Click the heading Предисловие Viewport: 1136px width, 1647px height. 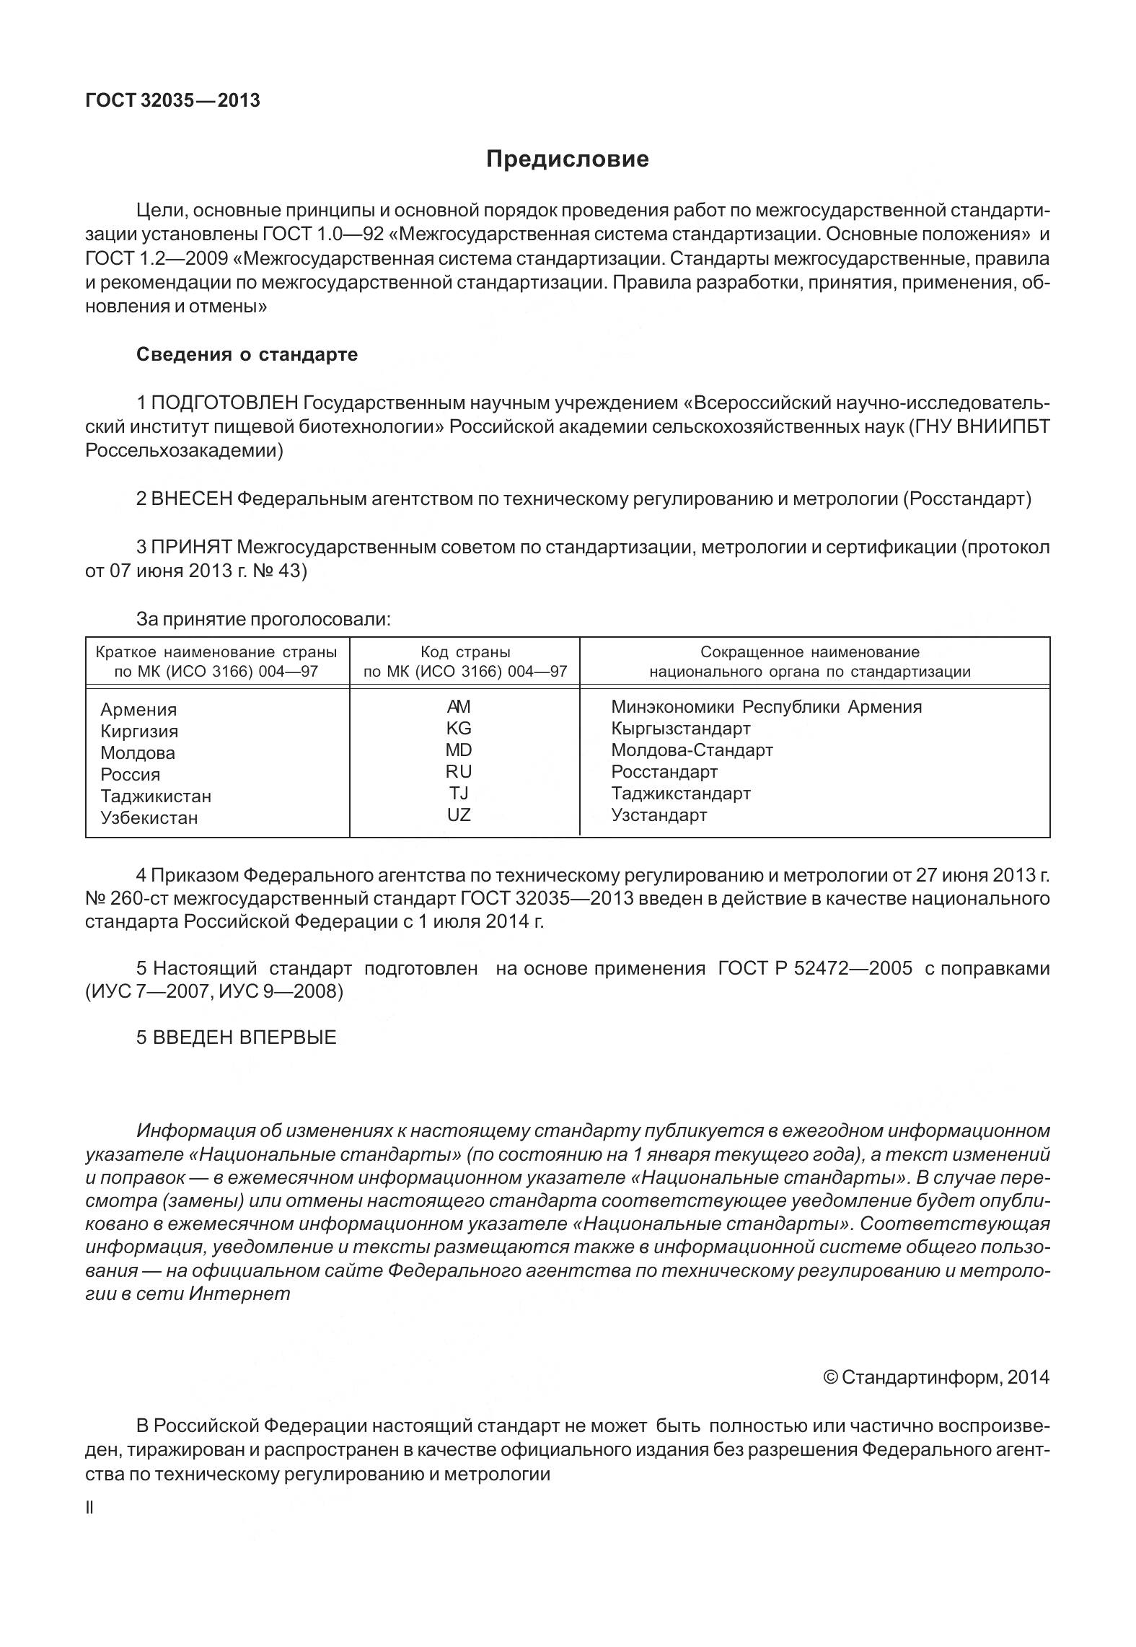click(x=567, y=159)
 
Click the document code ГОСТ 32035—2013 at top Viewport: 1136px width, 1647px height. click(x=172, y=100)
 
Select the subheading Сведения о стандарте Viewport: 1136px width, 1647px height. click(x=247, y=355)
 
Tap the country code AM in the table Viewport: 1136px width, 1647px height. click(x=459, y=706)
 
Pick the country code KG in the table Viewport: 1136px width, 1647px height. click(x=459, y=728)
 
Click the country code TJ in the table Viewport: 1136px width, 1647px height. click(x=459, y=794)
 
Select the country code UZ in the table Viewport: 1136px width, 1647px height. click(x=459, y=815)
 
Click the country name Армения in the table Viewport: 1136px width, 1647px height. click(x=138, y=710)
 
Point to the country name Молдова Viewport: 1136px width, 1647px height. click(x=138, y=753)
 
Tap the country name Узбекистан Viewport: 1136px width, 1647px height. click(x=149, y=818)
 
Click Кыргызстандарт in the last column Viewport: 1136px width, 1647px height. click(x=680, y=728)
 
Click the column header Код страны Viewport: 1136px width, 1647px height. click(x=465, y=652)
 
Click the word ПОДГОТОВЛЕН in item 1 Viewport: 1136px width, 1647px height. click(x=225, y=403)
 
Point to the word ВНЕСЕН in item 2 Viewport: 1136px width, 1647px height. click(x=192, y=499)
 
